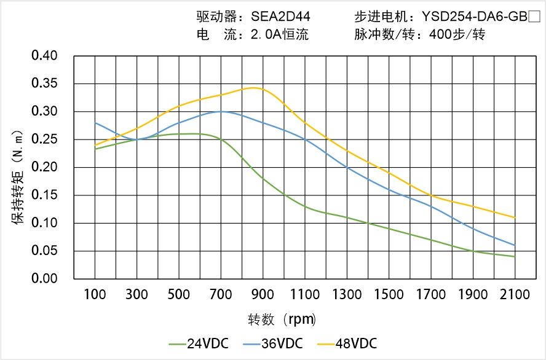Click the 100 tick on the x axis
[x=95, y=295]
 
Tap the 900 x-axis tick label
[x=263, y=295]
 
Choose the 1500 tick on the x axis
[x=389, y=295]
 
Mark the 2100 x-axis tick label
[x=515, y=295]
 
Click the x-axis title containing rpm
[x=282, y=319]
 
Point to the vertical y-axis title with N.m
[x=18, y=178]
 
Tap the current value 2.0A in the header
[x=266, y=35]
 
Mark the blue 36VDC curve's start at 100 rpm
[x=95, y=123]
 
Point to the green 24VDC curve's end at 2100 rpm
[x=515, y=256]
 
